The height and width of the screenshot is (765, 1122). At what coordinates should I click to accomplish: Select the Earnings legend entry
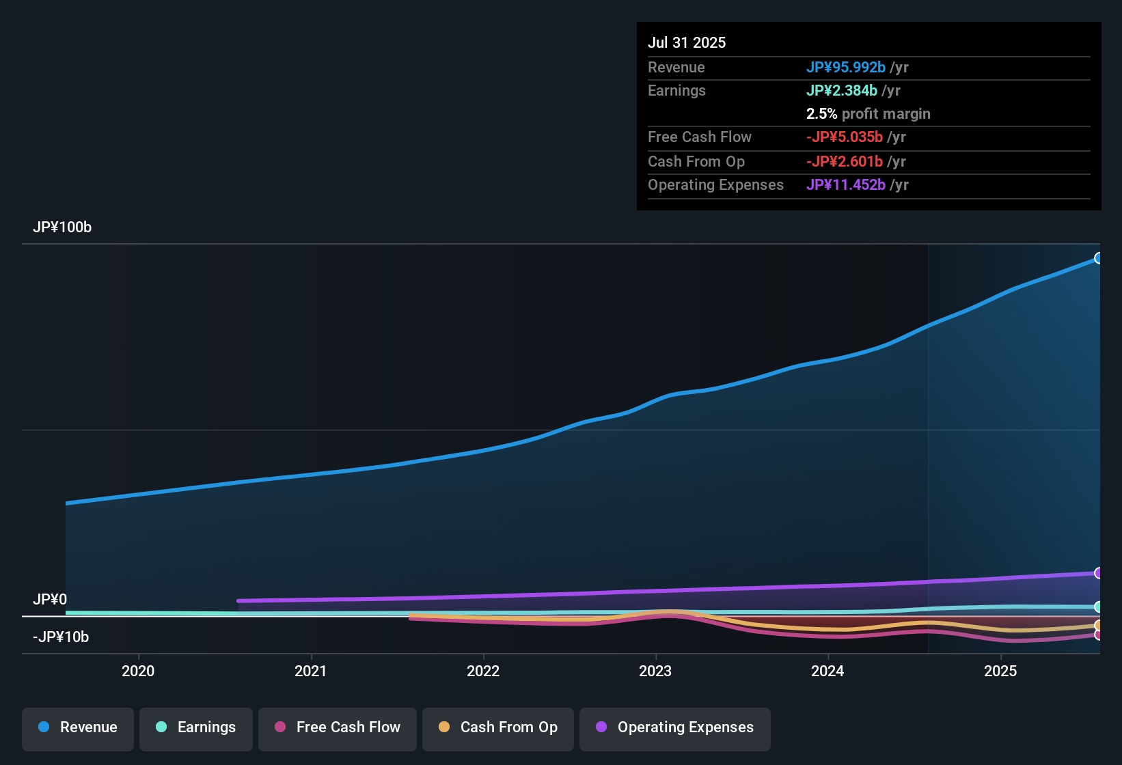click(196, 728)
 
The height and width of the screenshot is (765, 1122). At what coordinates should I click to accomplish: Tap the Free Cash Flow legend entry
click(338, 728)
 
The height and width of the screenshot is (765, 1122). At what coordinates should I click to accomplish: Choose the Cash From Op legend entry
click(498, 728)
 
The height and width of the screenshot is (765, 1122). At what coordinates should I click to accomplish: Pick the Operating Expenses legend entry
click(675, 728)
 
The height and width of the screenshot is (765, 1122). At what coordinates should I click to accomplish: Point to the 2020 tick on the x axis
click(138, 671)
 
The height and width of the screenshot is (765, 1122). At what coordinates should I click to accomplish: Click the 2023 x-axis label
click(655, 671)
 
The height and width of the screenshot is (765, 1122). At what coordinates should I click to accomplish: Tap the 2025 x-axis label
click(1000, 671)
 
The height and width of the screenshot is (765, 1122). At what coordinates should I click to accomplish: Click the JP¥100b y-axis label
click(62, 227)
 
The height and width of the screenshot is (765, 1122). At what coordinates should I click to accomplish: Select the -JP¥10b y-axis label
click(61, 637)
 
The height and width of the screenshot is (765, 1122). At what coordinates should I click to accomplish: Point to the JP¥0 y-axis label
click(50, 600)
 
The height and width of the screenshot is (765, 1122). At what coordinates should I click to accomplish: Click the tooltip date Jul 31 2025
click(687, 42)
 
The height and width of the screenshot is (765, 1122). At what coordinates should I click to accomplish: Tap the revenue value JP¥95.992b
click(846, 68)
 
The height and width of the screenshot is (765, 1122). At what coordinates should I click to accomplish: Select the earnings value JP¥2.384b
click(842, 91)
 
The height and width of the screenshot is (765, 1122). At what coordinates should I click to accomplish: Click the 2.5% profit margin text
click(868, 114)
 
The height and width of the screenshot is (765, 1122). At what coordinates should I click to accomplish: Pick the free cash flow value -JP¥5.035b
click(845, 137)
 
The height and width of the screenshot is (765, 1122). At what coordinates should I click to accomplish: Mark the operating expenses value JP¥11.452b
click(846, 185)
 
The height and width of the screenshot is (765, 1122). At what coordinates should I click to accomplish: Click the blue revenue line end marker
click(1098, 258)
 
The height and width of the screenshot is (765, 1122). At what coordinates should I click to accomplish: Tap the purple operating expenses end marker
click(1098, 573)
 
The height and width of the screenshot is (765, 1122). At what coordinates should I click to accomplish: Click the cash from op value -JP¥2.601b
click(845, 162)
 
